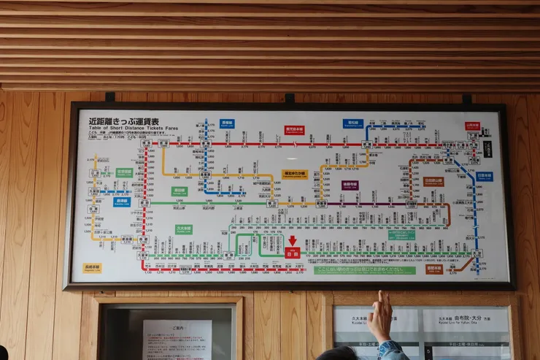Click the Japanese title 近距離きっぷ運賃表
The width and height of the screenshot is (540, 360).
[123, 121]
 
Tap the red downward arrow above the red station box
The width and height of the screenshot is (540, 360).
[293, 240]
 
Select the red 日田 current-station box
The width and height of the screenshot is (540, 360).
[293, 253]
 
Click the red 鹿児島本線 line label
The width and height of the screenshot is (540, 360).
[294, 130]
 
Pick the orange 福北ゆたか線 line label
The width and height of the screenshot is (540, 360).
[295, 175]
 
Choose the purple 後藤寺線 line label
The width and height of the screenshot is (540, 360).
[350, 185]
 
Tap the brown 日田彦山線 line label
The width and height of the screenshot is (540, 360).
[433, 181]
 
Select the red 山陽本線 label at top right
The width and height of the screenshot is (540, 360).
[472, 126]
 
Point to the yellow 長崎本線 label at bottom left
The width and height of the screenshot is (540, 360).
[92, 268]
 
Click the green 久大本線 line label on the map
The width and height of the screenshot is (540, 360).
[183, 229]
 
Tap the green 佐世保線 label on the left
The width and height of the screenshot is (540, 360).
[124, 173]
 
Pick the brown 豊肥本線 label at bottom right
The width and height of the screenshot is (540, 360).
[434, 269]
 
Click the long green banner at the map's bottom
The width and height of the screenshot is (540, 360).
[364, 270]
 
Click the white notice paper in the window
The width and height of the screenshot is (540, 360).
[177, 339]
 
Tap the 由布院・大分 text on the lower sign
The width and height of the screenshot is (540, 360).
[452, 318]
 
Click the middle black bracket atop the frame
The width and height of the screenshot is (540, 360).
[290, 97]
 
